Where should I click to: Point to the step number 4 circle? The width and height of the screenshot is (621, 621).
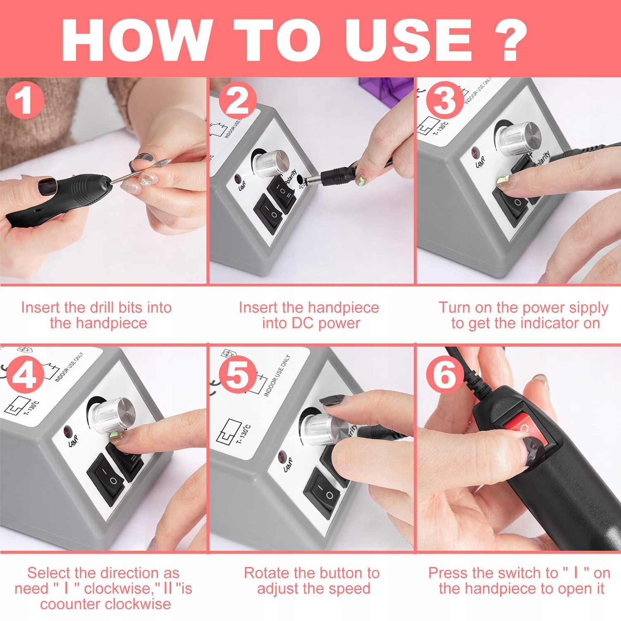[x=25, y=375]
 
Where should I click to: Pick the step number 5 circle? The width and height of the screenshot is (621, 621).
[x=237, y=375]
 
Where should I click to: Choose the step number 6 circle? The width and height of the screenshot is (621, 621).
[x=445, y=375]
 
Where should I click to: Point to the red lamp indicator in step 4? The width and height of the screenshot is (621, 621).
[x=67, y=432]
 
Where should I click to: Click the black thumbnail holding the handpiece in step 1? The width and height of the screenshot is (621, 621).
[x=47, y=187]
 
